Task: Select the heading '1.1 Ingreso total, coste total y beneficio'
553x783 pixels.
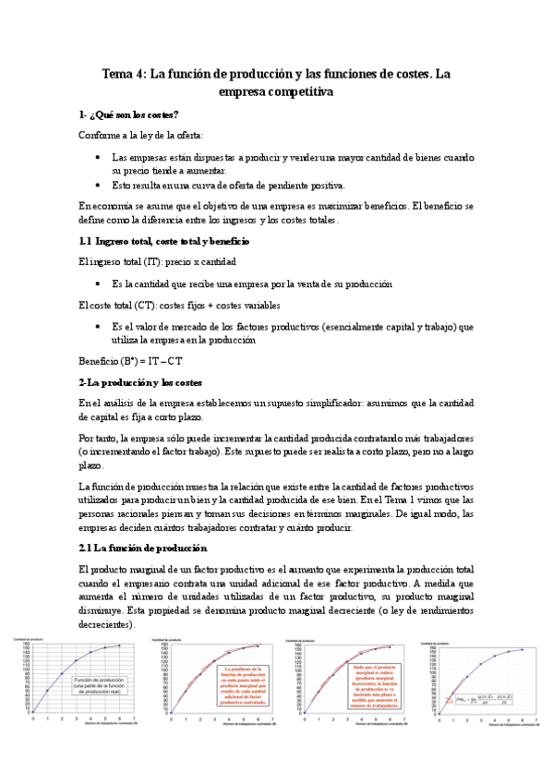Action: [x=163, y=241]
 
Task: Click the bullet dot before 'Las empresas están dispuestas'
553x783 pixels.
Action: [x=99, y=158]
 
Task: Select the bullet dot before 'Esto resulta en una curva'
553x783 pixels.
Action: [x=99, y=185]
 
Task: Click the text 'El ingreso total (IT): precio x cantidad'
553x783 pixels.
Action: [x=158, y=262]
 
